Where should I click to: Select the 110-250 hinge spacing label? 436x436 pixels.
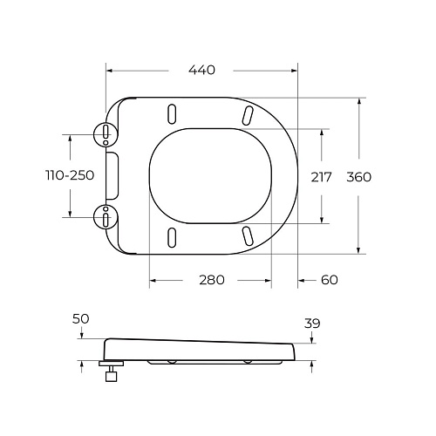pos(70,175)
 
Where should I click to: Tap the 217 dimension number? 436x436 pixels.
pos(322,176)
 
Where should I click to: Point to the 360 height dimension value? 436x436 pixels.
pos(359,176)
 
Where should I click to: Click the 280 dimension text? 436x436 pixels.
pos(211,280)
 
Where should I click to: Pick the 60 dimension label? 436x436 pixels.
pos(329,280)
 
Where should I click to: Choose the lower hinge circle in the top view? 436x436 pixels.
pos(105,215)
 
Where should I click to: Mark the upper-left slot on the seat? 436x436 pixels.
pos(172,113)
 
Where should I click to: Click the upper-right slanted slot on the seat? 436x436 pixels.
pos(248,114)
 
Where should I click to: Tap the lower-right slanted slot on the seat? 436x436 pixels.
pos(248,235)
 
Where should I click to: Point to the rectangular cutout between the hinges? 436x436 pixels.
pos(111,174)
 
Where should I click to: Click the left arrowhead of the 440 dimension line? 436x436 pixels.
pos(109,70)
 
